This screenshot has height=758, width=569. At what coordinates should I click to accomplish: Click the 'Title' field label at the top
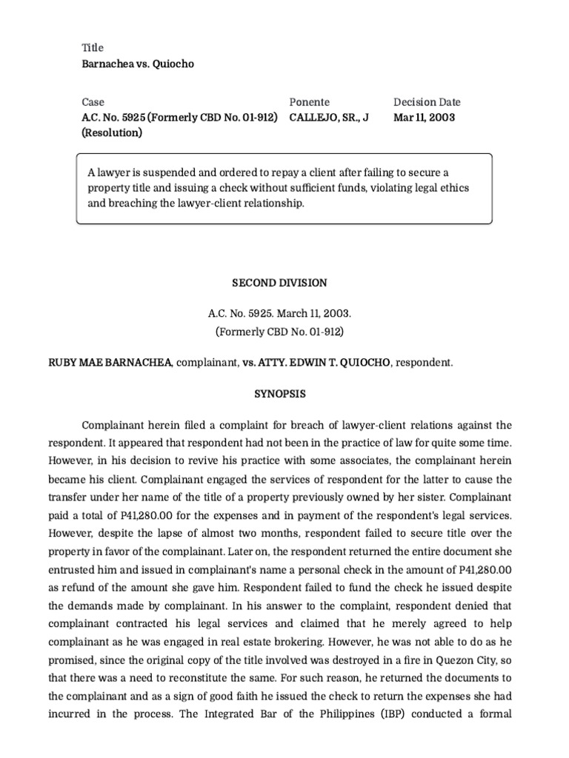[93, 47]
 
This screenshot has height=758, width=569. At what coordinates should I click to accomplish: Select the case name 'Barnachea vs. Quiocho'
[137, 64]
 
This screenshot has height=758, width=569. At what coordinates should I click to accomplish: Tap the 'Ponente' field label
[309, 102]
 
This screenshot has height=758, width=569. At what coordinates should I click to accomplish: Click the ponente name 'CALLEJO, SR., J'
[328, 118]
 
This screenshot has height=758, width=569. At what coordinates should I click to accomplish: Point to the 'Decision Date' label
[426, 102]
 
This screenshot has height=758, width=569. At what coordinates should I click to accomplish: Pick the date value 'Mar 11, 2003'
[424, 118]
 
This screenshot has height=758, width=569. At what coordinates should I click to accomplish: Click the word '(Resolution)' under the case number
[112, 133]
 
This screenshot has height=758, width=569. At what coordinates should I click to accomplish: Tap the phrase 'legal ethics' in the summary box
[442, 187]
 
